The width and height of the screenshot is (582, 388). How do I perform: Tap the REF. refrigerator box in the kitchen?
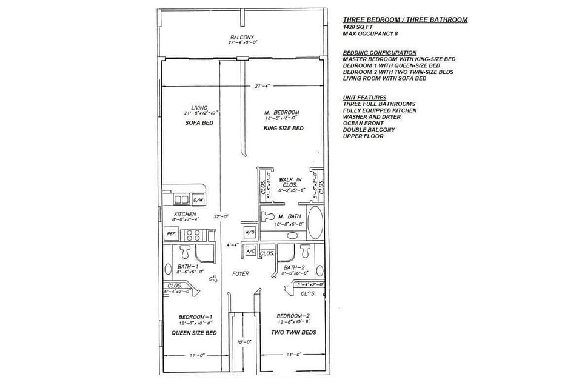coord(171,233)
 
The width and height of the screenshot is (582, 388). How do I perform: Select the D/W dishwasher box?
coord(198,200)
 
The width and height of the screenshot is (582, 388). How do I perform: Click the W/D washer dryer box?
coord(249,232)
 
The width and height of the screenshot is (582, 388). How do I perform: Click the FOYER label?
coord(241,273)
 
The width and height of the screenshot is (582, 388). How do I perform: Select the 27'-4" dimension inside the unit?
coord(263,85)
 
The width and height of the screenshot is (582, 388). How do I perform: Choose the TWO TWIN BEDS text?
coord(294,332)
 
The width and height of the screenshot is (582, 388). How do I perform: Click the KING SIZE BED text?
coord(283,129)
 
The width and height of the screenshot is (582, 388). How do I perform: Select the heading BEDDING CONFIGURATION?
coord(380,53)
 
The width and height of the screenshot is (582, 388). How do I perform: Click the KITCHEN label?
coord(184,214)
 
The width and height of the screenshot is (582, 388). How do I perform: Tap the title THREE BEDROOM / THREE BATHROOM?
coord(405,19)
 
